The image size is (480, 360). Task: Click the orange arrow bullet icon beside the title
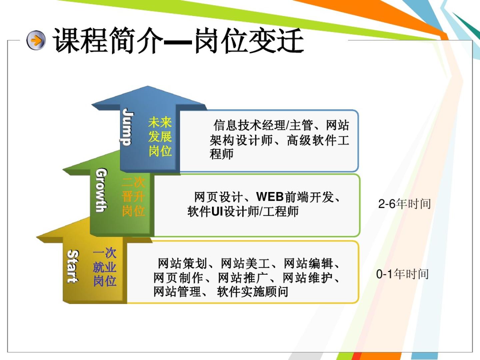[x=36, y=40]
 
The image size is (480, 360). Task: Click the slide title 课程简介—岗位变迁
[x=178, y=41]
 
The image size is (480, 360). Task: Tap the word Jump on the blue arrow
[x=127, y=127]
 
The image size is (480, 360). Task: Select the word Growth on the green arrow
[x=101, y=190]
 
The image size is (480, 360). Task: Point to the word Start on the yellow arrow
[x=73, y=266]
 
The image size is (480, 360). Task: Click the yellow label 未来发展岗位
[x=160, y=137]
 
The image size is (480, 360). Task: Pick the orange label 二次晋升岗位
[x=133, y=197]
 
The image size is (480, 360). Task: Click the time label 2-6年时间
[x=404, y=204]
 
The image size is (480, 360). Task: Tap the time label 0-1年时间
[x=402, y=274]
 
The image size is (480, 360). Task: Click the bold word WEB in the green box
[x=270, y=197]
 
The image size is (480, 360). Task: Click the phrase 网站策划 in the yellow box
[x=182, y=263]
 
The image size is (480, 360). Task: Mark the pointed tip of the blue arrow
[x=148, y=86]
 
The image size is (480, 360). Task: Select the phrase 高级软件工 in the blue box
[x=318, y=140]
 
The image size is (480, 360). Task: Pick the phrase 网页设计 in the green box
[x=218, y=197]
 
